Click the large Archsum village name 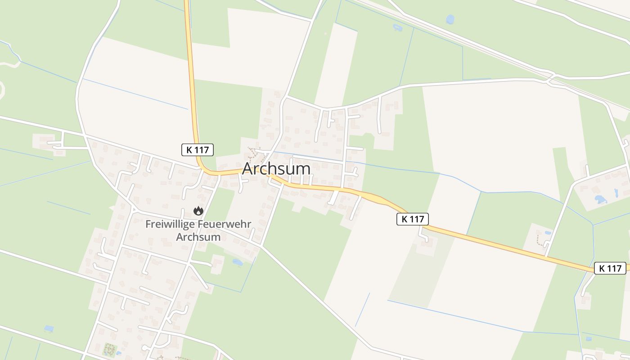tap(276, 169)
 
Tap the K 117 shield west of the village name tap(197, 150)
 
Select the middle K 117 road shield tap(412, 219)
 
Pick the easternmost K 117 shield tap(610, 268)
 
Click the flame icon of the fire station tap(198, 211)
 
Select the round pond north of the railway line tap(450, 19)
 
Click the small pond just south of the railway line tap(397, 27)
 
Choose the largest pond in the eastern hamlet tap(600, 199)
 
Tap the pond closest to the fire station tap(237, 262)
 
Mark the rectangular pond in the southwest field tap(49, 328)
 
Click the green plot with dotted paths tap(109, 349)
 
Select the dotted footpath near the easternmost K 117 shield tap(540, 239)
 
